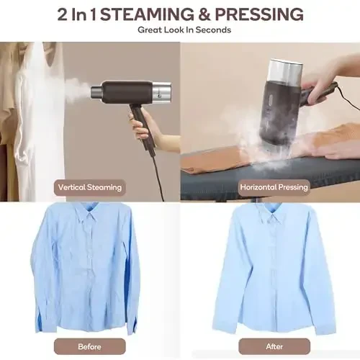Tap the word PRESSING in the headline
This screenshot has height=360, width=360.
[262, 14]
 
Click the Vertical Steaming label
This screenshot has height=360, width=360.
[90, 187]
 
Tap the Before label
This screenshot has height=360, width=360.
[89, 345]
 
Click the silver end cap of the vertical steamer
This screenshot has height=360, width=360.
[163, 91]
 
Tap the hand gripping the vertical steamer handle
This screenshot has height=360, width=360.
[142, 124]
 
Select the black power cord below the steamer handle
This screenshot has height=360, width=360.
[157, 169]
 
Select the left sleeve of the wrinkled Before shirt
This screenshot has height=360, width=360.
[45, 281]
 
